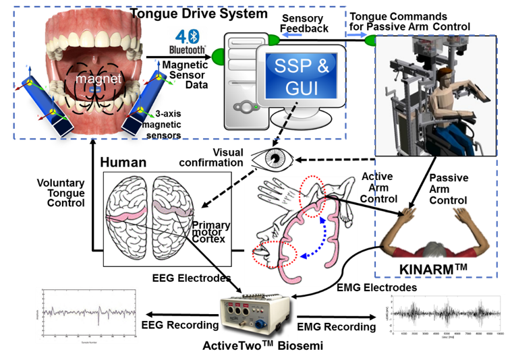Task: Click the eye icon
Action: click(x=273, y=160)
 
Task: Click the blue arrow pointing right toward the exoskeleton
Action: click(x=356, y=34)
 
